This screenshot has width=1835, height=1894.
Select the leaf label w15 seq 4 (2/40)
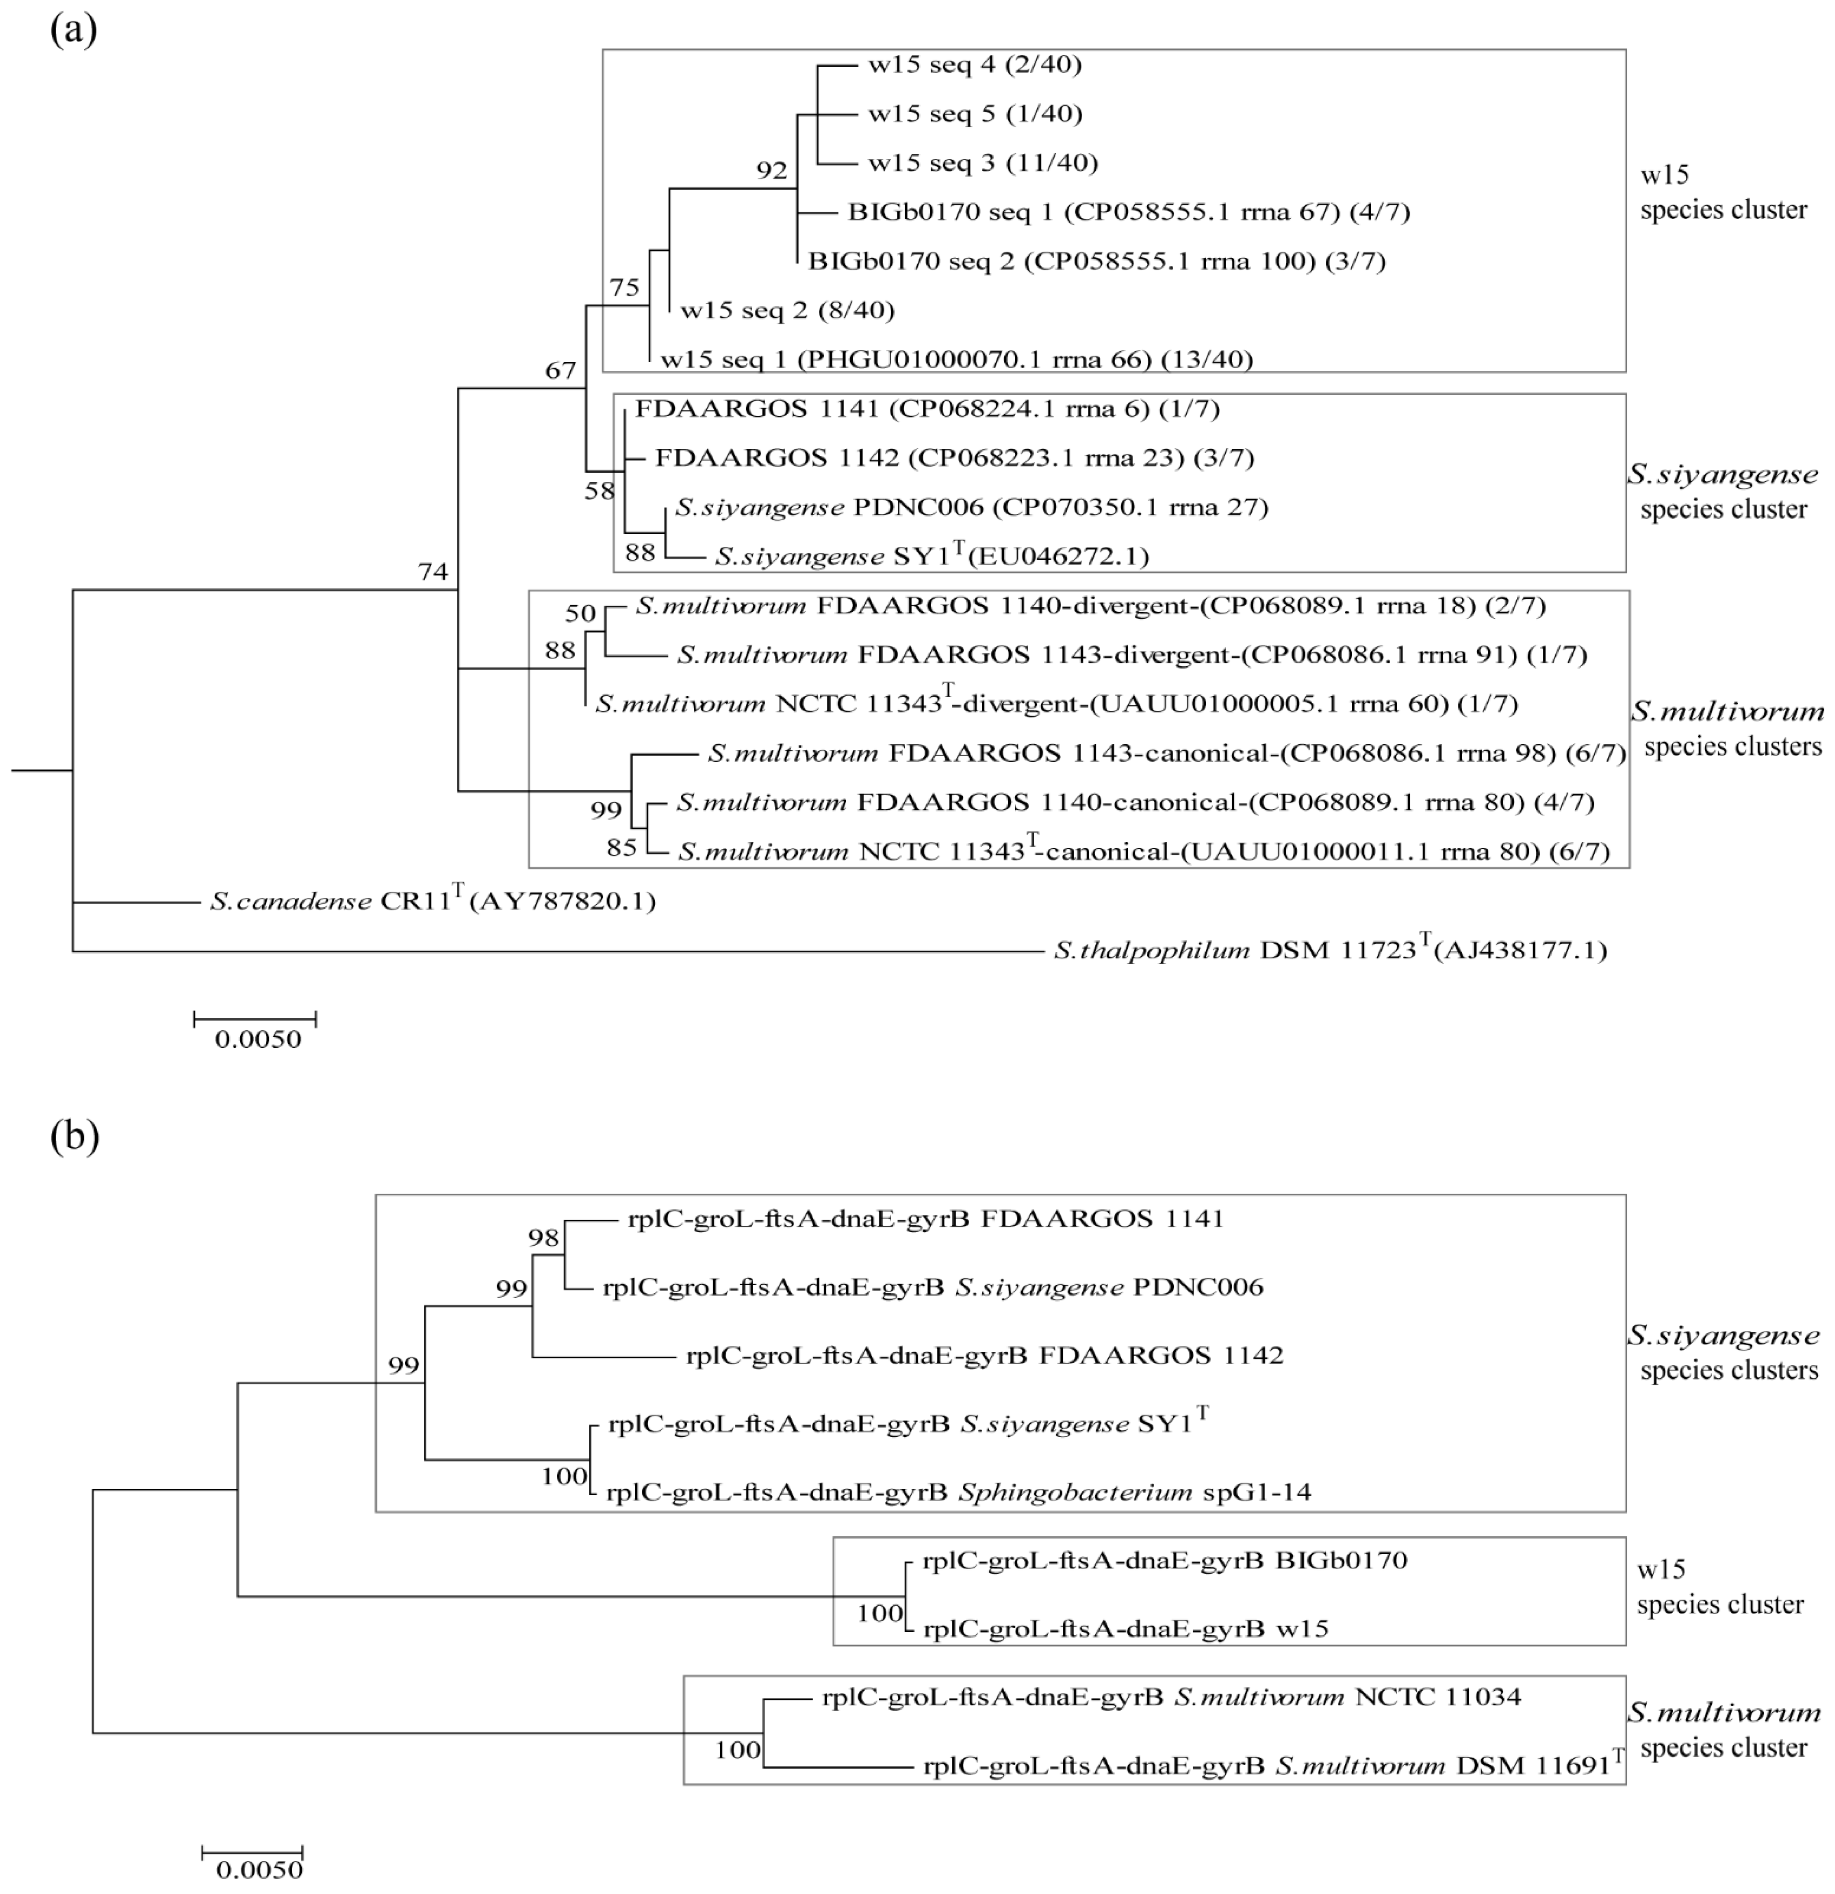pyautogui.click(x=974, y=65)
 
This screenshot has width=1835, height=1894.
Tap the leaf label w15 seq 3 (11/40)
pyautogui.click(x=983, y=162)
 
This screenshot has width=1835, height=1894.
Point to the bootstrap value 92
pyautogui.click(x=772, y=171)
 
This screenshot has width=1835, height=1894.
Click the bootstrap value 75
pyautogui.click(x=624, y=287)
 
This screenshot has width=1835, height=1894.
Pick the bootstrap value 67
pyautogui.click(x=561, y=370)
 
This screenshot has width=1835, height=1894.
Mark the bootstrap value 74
pyautogui.click(x=433, y=572)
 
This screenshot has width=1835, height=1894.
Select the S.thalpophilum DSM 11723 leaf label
pyautogui.click(x=1330, y=950)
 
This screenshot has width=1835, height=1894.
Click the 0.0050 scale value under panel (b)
pyautogui.click(x=259, y=1870)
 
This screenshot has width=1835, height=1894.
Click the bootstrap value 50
pyautogui.click(x=581, y=613)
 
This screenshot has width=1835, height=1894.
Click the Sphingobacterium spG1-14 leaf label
pyautogui.click(x=958, y=1492)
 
